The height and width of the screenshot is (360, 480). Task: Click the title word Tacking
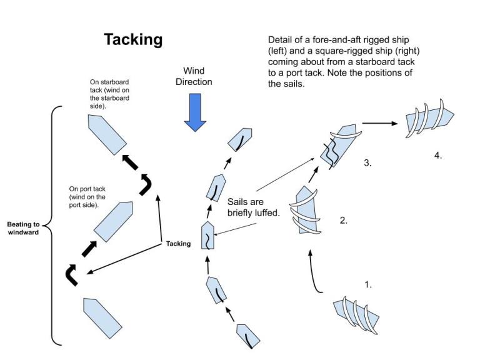(x=133, y=39)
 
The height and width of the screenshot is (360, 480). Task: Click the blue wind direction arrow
(x=196, y=112)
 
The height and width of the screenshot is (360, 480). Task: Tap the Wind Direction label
(x=197, y=76)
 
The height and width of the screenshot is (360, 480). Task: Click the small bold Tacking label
(x=178, y=244)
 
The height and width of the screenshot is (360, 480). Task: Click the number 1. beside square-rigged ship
(x=368, y=284)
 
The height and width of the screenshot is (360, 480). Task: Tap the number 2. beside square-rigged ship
(x=344, y=221)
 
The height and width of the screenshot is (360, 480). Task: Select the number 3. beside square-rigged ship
(x=368, y=163)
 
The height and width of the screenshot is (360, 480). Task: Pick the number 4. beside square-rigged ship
(x=438, y=156)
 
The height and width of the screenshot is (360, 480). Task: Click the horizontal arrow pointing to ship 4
(x=379, y=123)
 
